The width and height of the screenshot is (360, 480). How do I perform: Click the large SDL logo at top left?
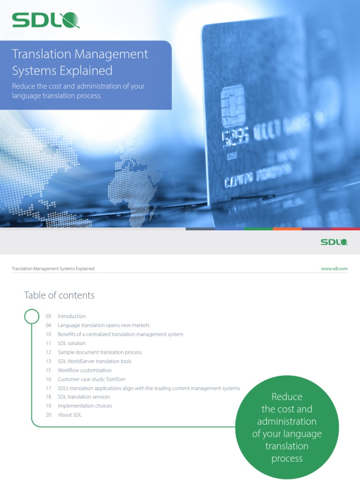45,20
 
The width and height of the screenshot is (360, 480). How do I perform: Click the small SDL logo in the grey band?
334,242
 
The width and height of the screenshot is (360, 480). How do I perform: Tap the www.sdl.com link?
334,269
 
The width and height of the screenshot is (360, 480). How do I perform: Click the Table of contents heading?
59,295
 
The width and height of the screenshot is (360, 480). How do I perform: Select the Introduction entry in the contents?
72,316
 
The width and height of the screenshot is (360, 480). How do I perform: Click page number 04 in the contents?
48,325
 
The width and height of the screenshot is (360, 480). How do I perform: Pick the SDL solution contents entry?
72,343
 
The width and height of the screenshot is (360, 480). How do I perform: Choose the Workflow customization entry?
84,370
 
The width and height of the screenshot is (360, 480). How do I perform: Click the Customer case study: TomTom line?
91,379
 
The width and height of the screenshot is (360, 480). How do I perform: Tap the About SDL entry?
69,415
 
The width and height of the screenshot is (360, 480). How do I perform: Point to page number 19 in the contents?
48,406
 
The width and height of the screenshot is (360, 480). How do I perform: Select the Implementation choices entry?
85,406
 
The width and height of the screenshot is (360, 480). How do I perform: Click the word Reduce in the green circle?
287,397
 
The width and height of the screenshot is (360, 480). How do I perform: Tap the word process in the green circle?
287,458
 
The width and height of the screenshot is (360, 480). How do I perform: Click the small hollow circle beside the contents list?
32,316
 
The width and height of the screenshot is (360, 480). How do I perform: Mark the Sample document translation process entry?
99,352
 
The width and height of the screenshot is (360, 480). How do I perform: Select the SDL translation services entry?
84,397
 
